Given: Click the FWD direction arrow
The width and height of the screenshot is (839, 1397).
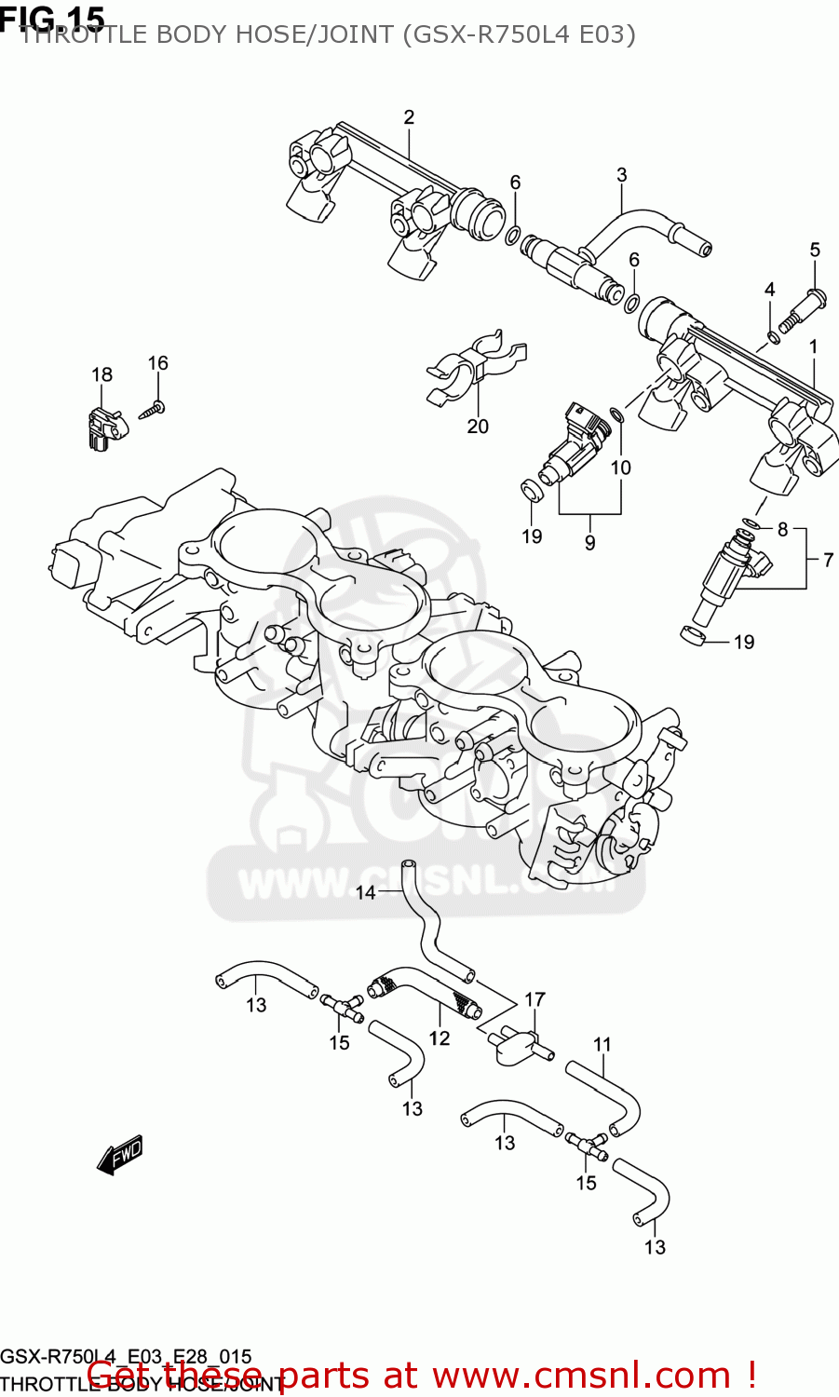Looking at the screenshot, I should click(120, 1155).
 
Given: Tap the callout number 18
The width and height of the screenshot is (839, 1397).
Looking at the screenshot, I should click(101, 374).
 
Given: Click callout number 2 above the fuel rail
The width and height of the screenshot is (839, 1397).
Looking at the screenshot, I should click(409, 117).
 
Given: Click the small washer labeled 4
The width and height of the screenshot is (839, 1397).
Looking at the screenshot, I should click(772, 336).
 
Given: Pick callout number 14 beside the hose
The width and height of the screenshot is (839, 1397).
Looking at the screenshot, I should click(365, 893).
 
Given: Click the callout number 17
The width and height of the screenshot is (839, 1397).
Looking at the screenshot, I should click(535, 999).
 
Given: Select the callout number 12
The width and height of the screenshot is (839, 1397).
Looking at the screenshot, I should click(440, 1038).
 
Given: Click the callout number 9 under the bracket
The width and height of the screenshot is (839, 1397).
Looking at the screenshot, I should click(589, 543).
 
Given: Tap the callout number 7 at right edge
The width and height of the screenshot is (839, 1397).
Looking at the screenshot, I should click(827, 560).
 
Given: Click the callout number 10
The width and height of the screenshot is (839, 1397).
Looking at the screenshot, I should click(621, 468).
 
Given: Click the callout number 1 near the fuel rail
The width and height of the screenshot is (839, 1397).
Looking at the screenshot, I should click(813, 346).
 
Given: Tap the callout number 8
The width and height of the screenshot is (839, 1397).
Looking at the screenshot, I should click(782, 529).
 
